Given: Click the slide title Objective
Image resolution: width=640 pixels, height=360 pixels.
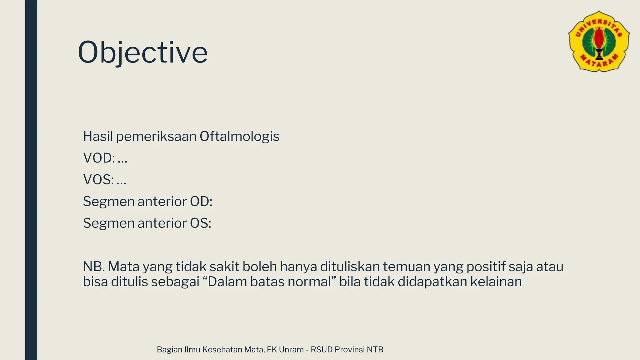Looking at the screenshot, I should [x=142, y=52].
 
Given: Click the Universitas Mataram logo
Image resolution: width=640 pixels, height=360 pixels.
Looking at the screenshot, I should [x=598, y=41].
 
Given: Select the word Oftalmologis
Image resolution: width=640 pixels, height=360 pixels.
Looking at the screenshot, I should [x=239, y=137].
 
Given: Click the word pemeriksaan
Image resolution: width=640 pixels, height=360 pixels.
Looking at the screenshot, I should [x=156, y=137].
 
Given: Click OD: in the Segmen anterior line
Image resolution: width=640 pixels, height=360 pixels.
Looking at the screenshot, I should [x=201, y=202].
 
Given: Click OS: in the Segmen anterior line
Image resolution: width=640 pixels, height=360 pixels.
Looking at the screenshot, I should [x=201, y=223].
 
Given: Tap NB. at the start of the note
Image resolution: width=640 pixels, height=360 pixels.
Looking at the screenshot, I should [x=94, y=267].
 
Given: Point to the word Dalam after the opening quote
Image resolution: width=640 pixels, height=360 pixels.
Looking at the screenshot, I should [x=226, y=282].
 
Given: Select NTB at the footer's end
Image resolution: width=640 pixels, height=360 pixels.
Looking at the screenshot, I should [x=375, y=349].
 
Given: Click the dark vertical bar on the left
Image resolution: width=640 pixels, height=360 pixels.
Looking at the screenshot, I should [x=31, y=180].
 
